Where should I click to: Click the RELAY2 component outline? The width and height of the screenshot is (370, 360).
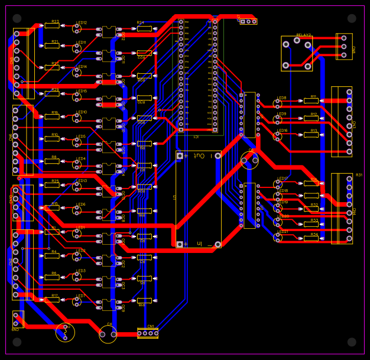297,54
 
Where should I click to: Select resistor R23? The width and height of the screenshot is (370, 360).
52,25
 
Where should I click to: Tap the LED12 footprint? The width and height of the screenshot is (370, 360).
76,28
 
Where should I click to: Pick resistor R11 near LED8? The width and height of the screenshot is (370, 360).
311,101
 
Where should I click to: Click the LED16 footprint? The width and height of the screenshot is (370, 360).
278,135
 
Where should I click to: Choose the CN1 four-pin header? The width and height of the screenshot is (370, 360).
147,333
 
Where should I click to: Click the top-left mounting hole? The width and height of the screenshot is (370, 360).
17,18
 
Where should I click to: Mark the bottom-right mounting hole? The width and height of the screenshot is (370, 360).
352,342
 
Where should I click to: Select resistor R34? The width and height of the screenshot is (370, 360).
311,239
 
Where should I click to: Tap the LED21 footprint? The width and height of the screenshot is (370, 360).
278,237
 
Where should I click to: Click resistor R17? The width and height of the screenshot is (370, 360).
52,300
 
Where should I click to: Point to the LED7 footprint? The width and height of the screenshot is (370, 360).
76,301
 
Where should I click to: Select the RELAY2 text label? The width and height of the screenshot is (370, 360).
303,35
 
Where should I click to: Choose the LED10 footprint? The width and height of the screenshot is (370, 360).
76,117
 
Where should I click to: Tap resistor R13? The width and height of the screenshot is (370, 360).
311,135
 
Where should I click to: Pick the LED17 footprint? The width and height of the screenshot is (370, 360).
278,184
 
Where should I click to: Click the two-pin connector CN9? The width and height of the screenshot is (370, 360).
18,319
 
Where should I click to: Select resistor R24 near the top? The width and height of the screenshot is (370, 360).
144,28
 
